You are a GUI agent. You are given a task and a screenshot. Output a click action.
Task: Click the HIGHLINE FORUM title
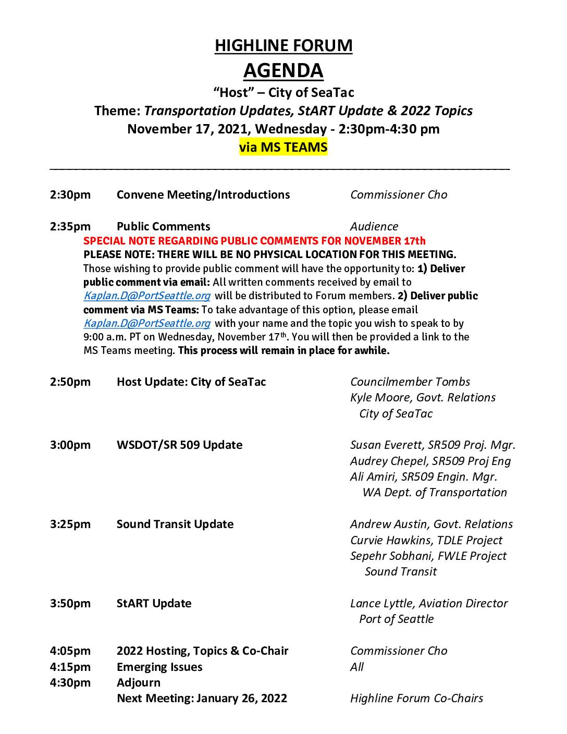(283, 46)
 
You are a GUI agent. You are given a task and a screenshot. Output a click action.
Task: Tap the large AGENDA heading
(283, 70)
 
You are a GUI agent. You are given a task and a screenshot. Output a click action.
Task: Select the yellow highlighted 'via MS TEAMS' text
(283, 148)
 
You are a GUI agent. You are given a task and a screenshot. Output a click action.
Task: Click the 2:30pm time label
(70, 195)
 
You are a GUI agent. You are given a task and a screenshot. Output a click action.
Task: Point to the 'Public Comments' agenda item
(164, 226)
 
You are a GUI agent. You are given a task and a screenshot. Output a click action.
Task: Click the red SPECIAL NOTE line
(254, 241)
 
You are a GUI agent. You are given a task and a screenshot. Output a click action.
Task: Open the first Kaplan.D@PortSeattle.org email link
(147, 296)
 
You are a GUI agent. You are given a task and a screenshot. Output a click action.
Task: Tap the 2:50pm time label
(70, 382)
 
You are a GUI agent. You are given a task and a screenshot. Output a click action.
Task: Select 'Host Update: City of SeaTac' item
(191, 382)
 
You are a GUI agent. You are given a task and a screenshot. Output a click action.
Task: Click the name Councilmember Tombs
(410, 382)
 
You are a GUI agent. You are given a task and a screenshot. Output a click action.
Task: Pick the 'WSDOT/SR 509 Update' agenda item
(179, 445)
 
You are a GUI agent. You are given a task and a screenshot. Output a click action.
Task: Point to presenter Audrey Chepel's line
(430, 461)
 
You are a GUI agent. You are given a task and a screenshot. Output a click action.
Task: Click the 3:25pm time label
(70, 524)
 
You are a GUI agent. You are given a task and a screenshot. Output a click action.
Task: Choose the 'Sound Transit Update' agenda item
(175, 524)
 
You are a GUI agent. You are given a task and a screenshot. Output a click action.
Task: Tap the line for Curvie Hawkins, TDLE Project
(426, 540)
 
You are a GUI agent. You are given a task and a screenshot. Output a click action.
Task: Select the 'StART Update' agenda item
(154, 604)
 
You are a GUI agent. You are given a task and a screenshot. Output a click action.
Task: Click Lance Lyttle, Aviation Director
(429, 604)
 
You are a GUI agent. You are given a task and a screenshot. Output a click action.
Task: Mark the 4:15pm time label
(70, 667)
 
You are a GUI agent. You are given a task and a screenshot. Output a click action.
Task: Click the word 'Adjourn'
(139, 683)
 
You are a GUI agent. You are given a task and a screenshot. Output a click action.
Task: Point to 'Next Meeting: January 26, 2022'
(202, 699)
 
